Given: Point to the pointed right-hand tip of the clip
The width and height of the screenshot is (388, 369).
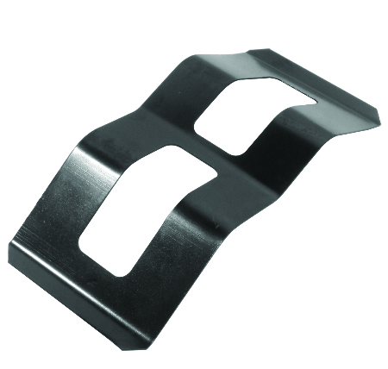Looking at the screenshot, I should click(379, 117).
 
